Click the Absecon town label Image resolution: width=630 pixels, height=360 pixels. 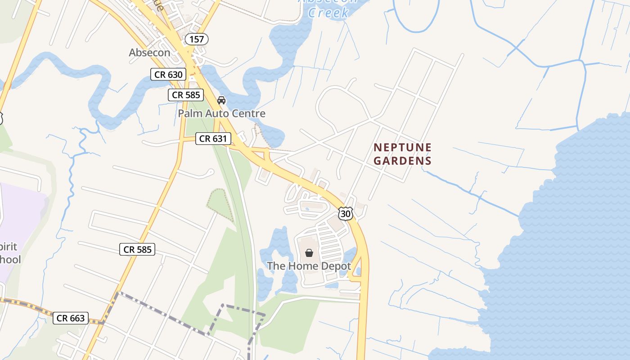coord(149,53)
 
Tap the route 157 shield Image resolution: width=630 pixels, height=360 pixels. coord(197,39)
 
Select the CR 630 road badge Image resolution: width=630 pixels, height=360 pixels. coord(168,74)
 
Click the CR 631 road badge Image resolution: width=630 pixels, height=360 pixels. coord(213,139)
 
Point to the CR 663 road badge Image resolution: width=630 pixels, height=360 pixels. coord(71,318)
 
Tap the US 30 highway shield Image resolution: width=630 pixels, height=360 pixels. coord(346,214)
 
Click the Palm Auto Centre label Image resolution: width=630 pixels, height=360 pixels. coord(221,113)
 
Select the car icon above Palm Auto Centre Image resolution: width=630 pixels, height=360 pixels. coord(221,100)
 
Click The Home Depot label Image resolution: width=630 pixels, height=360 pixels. coord(309,266)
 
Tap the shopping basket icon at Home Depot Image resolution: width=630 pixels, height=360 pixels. coord(309,253)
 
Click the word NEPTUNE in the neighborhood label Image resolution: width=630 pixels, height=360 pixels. coord(402,148)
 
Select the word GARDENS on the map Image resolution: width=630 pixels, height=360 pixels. coord(402,161)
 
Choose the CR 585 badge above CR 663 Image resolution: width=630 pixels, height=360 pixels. coord(137,249)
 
